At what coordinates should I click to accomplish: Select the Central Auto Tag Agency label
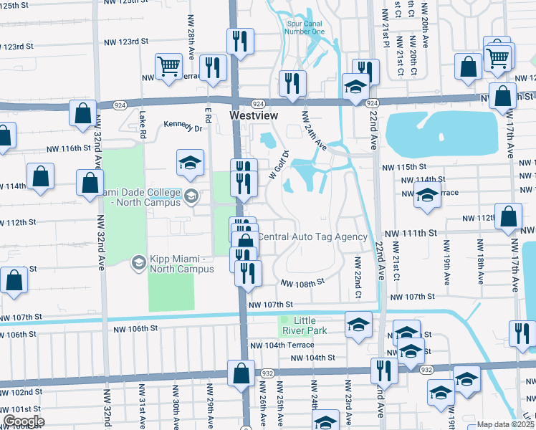312,236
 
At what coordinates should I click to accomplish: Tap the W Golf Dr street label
277,165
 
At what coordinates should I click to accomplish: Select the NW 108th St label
302,283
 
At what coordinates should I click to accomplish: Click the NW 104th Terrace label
282,345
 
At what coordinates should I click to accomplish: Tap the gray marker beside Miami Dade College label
191,196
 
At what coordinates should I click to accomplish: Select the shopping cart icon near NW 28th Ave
168,66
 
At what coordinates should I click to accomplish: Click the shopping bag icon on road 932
241,373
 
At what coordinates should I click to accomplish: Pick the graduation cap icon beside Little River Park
358,324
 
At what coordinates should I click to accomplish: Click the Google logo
23,421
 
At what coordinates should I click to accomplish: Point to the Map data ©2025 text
505,424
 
